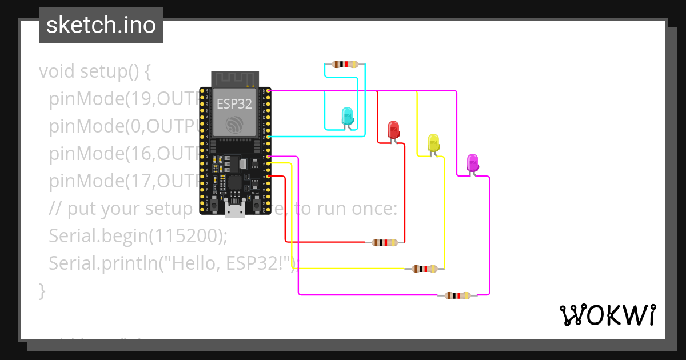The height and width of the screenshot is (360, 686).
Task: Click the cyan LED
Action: tap(347, 116)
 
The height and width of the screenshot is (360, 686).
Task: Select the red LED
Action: tap(393, 130)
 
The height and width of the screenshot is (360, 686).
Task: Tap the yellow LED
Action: tap(433, 143)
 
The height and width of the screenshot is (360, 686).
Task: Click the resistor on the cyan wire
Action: tap(345, 65)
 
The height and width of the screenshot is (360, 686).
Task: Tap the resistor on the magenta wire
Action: tap(458, 295)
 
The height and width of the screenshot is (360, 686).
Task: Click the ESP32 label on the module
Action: tap(234, 104)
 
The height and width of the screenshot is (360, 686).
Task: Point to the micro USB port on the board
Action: tap(235, 211)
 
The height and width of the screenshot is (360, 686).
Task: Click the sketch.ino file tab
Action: tap(101, 25)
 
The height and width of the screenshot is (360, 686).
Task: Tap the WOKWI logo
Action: tap(607, 315)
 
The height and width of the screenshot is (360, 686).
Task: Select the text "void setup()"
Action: tap(94, 72)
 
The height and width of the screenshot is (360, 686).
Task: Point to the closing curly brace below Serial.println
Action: tap(42, 291)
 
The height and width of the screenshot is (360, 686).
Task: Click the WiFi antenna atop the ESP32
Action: tap(235, 79)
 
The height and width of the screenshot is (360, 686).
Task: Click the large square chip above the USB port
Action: tap(235, 183)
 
